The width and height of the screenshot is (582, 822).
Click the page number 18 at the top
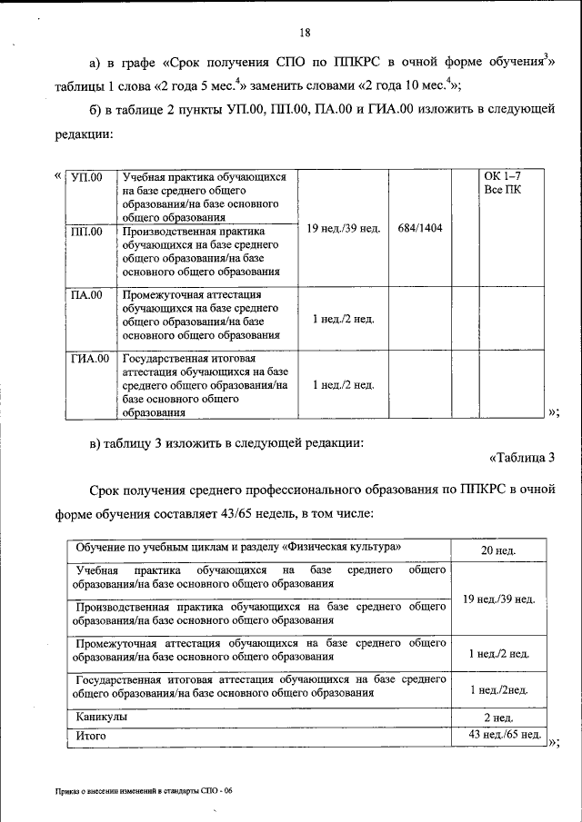tap(306, 34)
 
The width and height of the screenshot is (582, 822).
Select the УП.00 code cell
tap(87, 177)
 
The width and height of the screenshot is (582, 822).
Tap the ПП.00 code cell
tap(87, 232)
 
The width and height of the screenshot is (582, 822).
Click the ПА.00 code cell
tap(87, 295)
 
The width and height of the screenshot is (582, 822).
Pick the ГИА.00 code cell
tap(90, 359)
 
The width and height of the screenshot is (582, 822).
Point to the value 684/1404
tap(420, 227)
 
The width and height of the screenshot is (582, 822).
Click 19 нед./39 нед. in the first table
tap(343, 227)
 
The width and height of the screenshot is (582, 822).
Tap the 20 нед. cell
tap(498, 551)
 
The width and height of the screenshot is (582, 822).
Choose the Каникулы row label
tap(102, 717)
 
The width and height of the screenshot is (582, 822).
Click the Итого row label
tap(93, 736)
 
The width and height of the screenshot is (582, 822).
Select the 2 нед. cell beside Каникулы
tap(498, 718)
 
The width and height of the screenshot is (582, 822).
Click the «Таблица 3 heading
tap(521, 457)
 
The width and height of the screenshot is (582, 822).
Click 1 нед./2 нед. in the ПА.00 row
tap(343, 321)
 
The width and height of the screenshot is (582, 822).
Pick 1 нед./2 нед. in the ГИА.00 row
tap(343, 385)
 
